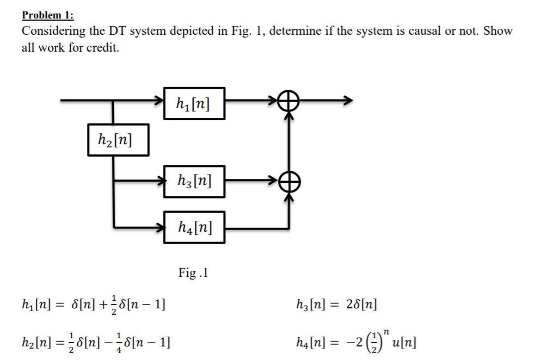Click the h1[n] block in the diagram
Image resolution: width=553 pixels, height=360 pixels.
click(193, 103)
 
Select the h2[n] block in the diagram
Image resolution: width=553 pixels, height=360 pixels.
click(118, 140)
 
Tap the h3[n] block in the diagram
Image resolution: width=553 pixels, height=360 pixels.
click(193, 181)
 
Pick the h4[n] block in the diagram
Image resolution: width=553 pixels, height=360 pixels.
click(193, 227)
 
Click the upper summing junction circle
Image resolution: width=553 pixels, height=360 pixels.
click(288, 101)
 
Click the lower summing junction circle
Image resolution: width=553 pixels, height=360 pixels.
click(288, 181)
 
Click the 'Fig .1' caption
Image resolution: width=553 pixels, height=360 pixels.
click(193, 272)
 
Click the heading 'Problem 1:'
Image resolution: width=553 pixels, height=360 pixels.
click(47, 15)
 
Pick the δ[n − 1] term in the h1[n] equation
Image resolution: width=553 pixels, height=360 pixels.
click(143, 303)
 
